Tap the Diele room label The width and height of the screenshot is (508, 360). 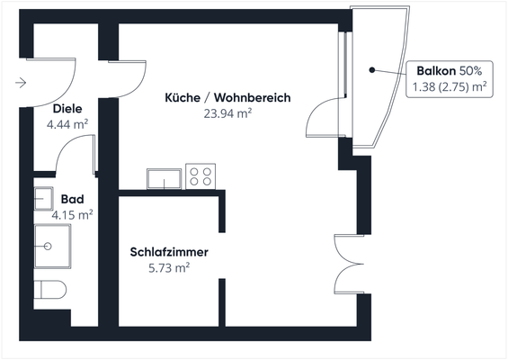point(67,110)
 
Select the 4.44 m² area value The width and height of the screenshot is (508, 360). point(67,124)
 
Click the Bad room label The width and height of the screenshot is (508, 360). point(72,199)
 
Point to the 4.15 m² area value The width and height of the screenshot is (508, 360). point(72,214)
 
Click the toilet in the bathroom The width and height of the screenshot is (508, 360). point(50,291)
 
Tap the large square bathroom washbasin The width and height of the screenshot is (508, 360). point(52,245)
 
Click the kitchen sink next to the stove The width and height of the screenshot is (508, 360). point(164,178)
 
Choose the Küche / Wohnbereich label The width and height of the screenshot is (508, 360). point(227,97)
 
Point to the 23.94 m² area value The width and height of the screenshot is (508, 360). point(227,112)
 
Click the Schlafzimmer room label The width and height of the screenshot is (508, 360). point(168,252)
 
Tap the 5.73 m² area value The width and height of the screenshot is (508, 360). point(168,267)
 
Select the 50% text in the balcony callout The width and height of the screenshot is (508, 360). point(471,70)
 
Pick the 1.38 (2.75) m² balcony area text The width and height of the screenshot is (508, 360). point(450,86)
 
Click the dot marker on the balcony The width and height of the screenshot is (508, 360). point(371,69)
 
